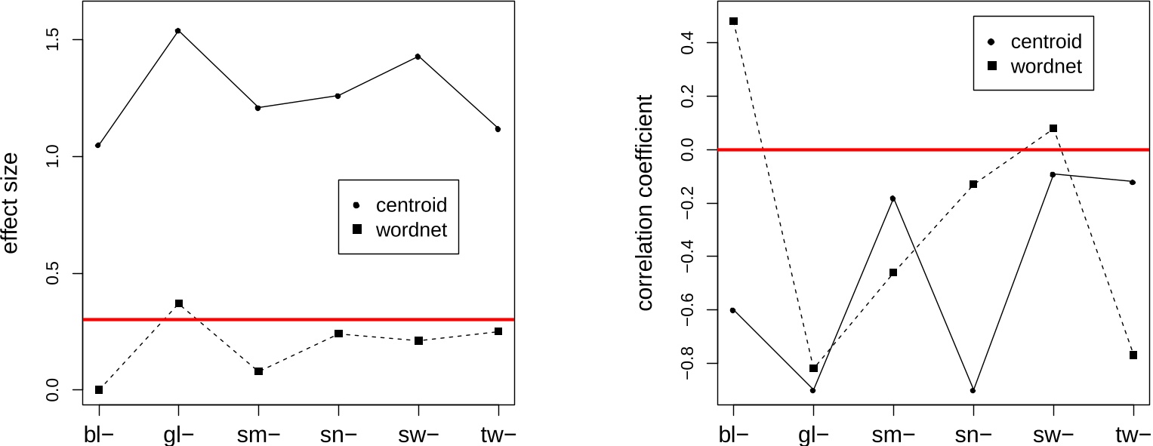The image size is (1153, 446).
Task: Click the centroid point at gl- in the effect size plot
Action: [x=178, y=31]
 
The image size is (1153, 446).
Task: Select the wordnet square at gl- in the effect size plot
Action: [x=179, y=303]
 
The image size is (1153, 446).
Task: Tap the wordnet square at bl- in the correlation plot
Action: [x=733, y=21]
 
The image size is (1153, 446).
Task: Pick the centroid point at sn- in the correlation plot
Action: [x=973, y=390]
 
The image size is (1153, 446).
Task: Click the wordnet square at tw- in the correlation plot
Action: [x=1133, y=355]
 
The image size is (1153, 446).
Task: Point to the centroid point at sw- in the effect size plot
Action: [x=418, y=57]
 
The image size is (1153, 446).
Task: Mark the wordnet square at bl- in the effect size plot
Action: [x=99, y=389]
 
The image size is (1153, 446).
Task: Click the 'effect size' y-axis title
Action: [x=11, y=204]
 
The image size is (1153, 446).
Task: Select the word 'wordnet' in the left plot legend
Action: [x=412, y=229]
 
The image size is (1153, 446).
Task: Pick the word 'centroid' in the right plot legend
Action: [x=1046, y=42]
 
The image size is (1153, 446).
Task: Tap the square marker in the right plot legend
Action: [x=992, y=66]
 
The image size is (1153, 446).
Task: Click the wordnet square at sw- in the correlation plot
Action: [x=1053, y=128]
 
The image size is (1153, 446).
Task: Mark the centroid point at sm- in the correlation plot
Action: [x=893, y=198]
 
